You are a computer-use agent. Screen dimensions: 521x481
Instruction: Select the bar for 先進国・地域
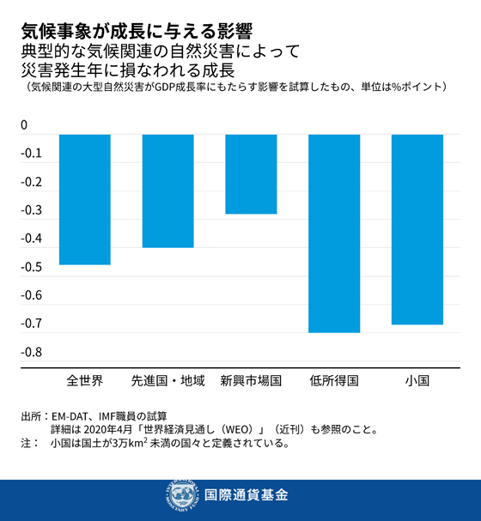[x=167, y=191]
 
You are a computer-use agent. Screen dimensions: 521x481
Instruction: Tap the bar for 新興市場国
[x=251, y=174]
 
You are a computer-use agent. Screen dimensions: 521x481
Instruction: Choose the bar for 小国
[x=417, y=229]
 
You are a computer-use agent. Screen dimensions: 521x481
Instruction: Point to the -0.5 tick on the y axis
[x=32, y=268]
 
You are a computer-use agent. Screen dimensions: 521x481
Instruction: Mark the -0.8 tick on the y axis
[x=32, y=353]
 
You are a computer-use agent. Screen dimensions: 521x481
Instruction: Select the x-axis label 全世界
[x=84, y=379]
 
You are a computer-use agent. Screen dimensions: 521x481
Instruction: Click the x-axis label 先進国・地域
[x=167, y=379]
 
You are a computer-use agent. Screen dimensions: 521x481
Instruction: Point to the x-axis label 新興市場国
[x=251, y=379]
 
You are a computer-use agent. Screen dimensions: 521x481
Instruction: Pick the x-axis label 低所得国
[x=334, y=379]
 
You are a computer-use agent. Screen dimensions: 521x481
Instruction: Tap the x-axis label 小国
[x=417, y=379]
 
